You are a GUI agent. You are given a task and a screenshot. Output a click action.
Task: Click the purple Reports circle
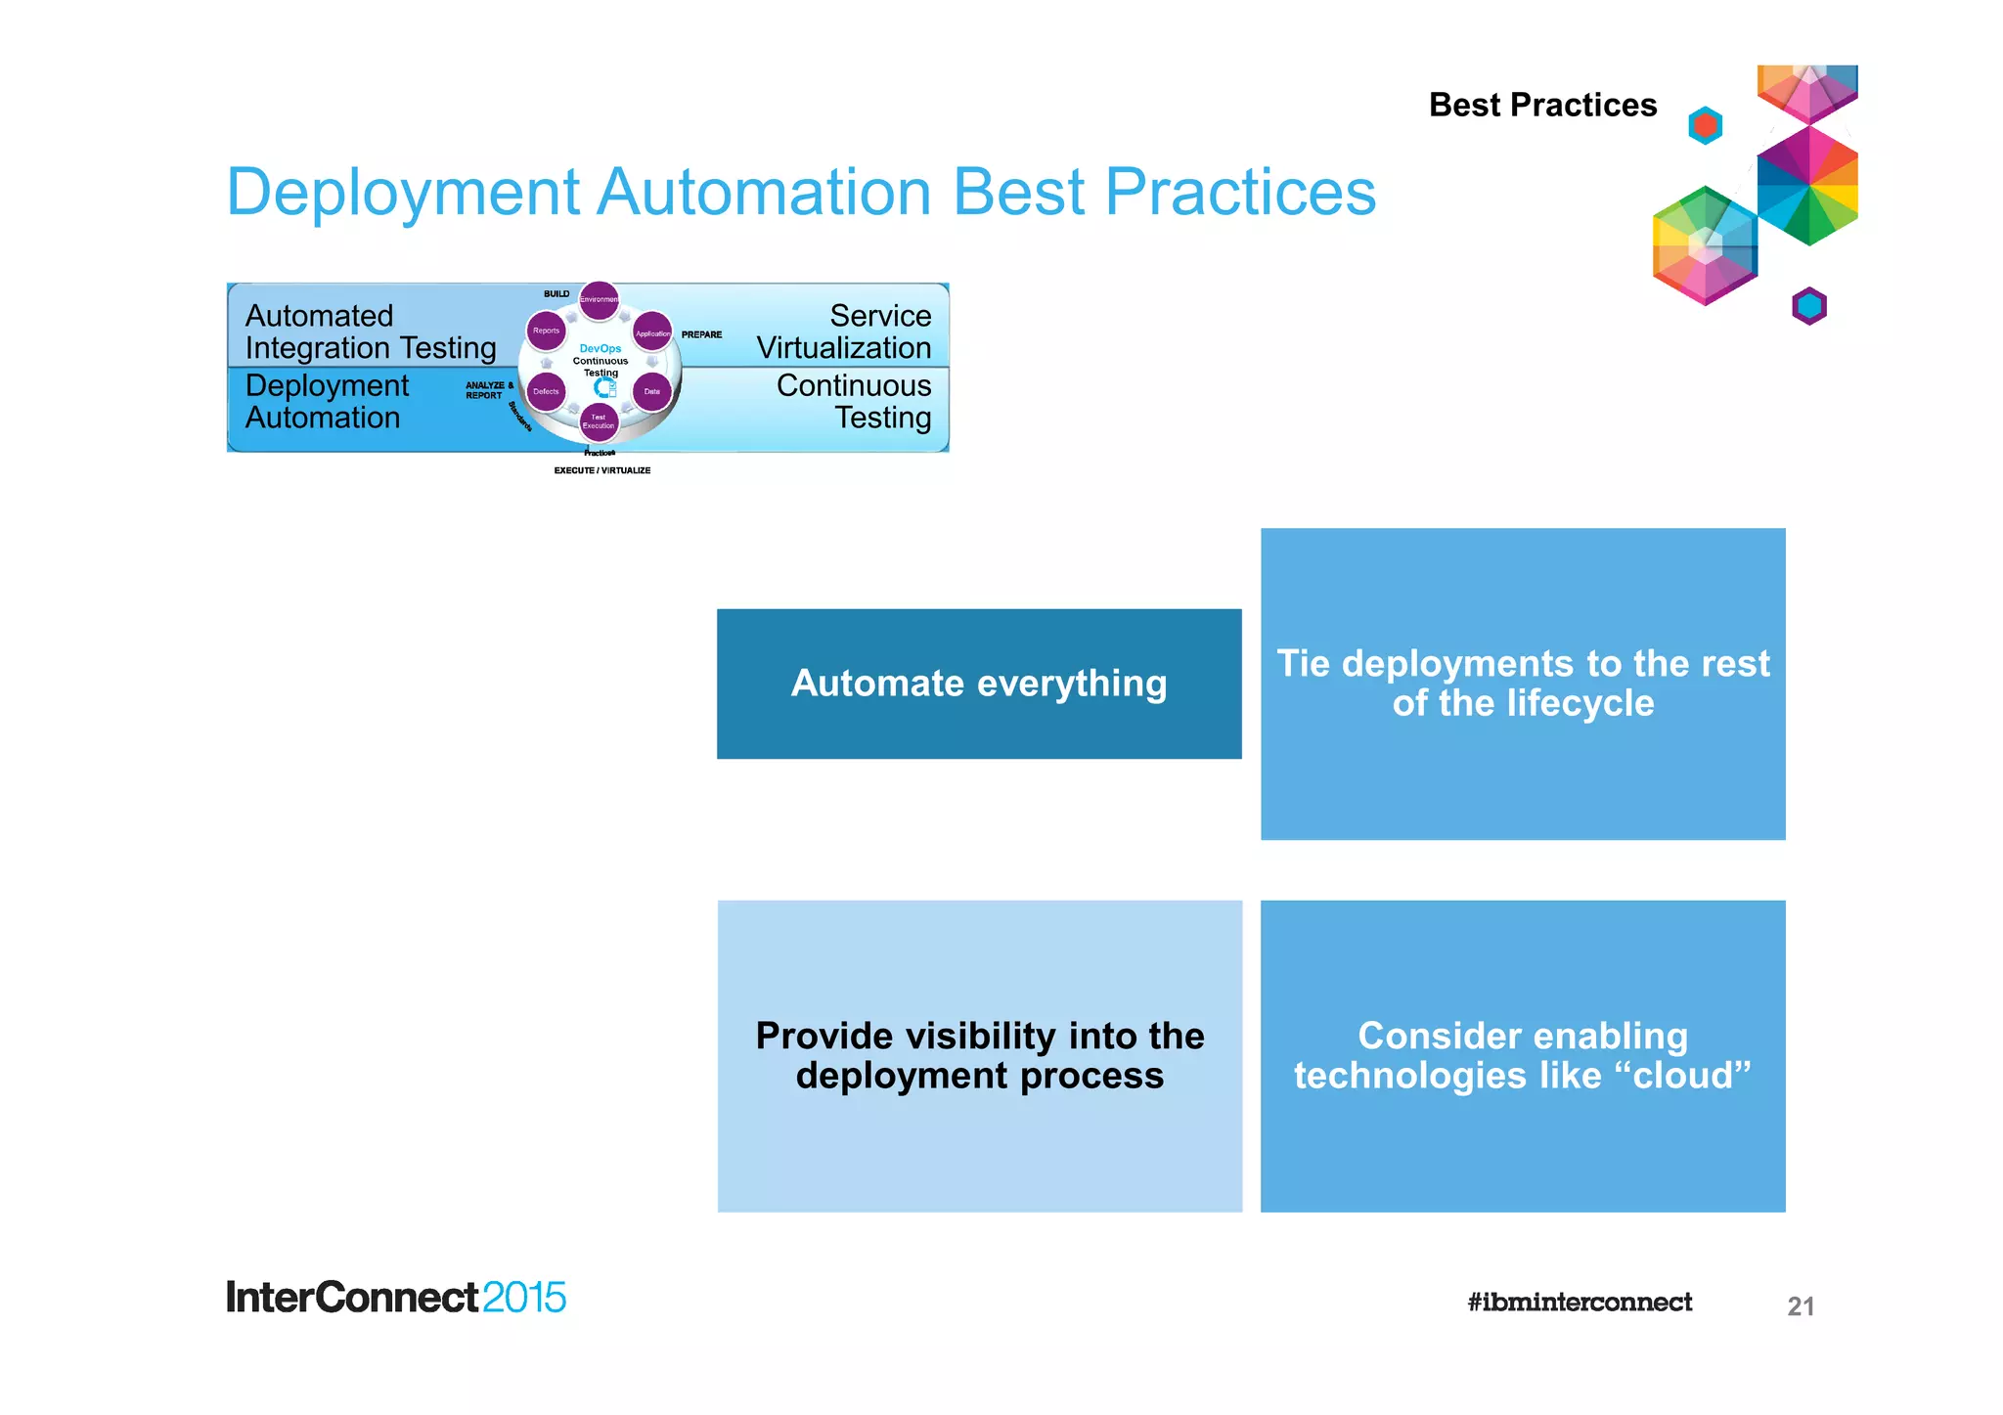[x=546, y=331]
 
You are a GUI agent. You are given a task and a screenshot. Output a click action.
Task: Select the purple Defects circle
[x=546, y=391]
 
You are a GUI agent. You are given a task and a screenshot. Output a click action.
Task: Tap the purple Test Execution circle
[x=599, y=421]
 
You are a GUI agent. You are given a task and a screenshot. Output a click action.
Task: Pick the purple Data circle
[x=652, y=391]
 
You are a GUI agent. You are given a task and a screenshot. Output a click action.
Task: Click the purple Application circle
[x=652, y=332]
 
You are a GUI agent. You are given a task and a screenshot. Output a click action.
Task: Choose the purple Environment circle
[x=599, y=299]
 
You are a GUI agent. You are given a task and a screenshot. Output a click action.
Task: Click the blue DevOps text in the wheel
[x=600, y=348]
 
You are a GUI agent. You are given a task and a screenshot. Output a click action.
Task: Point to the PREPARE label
[x=701, y=334]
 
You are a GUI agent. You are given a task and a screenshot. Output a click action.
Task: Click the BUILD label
[x=556, y=293]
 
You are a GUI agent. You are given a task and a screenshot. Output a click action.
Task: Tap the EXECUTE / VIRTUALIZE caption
[x=601, y=470]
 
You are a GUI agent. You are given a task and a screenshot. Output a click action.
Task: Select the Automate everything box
[x=979, y=684]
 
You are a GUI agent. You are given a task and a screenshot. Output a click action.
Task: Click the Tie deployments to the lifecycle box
[x=1523, y=684]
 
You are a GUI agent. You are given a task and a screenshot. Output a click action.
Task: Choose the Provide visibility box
[x=979, y=1056]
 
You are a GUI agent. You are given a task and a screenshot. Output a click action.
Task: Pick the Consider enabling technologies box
[x=1523, y=1056]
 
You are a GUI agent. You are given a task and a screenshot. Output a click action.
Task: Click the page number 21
[x=1801, y=1306]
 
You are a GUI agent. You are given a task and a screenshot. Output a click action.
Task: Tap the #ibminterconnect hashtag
[x=1579, y=1302]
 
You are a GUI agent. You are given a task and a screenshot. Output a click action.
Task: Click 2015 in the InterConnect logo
[x=523, y=1298]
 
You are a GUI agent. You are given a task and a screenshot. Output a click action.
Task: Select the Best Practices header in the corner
[x=1542, y=105]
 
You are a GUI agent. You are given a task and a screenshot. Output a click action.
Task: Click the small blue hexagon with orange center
[x=1705, y=125]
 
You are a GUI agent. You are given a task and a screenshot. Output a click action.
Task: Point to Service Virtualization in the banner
[x=843, y=332]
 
